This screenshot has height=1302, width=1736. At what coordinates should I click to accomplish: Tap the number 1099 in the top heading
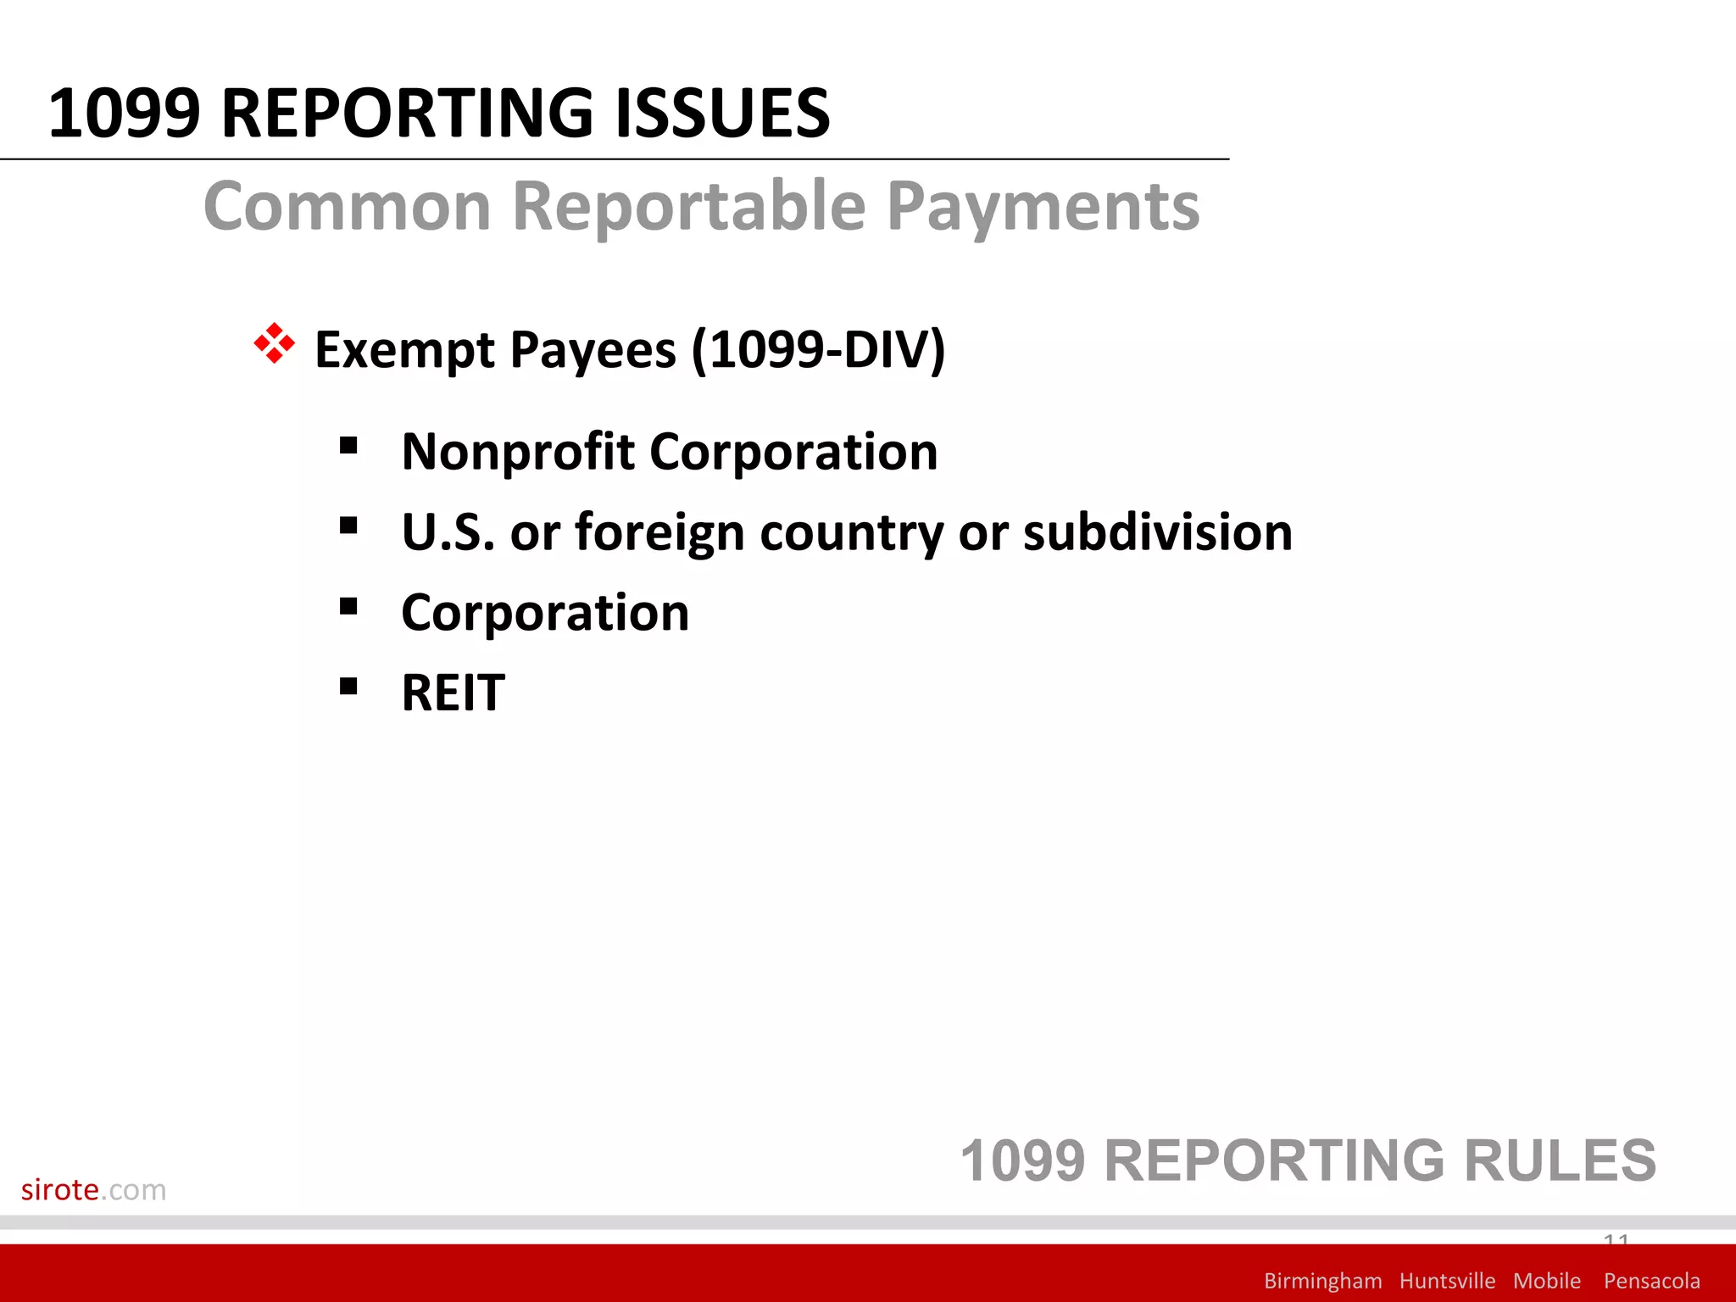(x=125, y=114)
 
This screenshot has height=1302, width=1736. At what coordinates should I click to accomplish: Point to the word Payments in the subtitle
(x=1043, y=208)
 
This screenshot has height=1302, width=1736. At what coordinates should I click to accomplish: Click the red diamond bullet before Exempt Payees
(x=275, y=344)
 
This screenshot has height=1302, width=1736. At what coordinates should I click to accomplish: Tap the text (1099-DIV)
(x=818, y=350)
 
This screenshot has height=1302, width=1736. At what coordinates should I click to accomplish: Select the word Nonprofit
(x=518, y=452)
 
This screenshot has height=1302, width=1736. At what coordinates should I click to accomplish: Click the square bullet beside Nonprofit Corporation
(x=348, y=445)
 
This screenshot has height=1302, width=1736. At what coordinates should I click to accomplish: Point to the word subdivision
(x=1157, y=532)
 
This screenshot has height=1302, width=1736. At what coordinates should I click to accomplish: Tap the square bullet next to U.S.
(x=348, y=526)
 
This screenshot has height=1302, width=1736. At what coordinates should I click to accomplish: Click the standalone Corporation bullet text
(x=545, y=613)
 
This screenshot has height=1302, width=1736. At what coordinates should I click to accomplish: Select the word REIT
(x=453, y=693)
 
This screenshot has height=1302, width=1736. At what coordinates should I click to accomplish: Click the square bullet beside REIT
(x=348, y=686)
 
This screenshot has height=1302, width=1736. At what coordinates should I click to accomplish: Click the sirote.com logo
(x=93, y=1190)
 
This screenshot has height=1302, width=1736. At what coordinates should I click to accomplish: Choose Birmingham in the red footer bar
(x=1322, y=1281)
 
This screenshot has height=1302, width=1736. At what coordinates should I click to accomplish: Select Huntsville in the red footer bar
(x=1447, y=1281)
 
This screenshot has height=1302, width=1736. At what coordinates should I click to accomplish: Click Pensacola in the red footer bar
(x=1651, y=1281)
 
